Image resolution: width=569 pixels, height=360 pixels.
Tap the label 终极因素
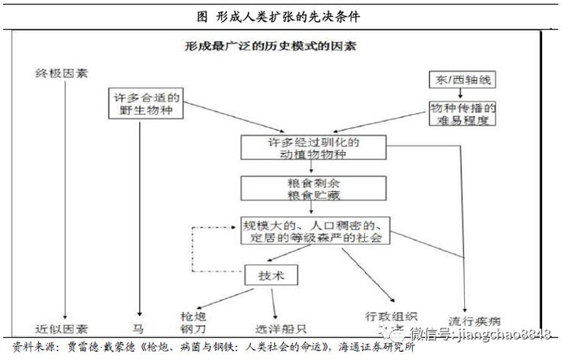61,73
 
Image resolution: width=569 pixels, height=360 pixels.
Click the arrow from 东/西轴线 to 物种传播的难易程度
456,94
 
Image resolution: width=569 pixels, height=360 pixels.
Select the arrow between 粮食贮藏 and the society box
312,207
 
